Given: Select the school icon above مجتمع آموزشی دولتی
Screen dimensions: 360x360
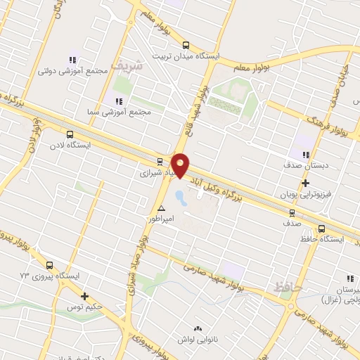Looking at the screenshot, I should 71,60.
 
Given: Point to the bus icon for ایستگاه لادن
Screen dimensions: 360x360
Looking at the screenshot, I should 69,134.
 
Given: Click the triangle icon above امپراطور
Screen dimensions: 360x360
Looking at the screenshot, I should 162,208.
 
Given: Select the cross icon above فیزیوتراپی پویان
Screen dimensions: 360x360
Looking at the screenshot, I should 305,183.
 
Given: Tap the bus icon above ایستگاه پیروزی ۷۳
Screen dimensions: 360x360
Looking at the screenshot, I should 49,265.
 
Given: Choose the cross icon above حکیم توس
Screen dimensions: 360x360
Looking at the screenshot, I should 85,297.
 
